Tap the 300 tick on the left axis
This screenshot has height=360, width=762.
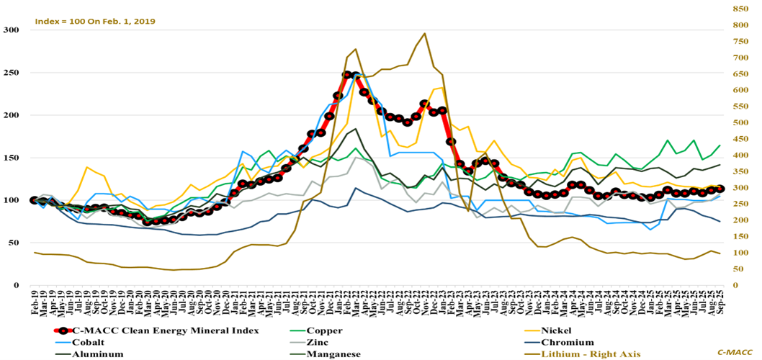pos(12,30)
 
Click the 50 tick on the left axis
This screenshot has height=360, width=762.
pos(14,243)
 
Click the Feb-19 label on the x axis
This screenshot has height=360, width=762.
pos(33,302)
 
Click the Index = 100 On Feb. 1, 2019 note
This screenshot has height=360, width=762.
pos(94,21)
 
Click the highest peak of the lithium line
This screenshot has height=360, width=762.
pos(424,33)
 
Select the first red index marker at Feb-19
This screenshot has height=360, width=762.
pos(33,200)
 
